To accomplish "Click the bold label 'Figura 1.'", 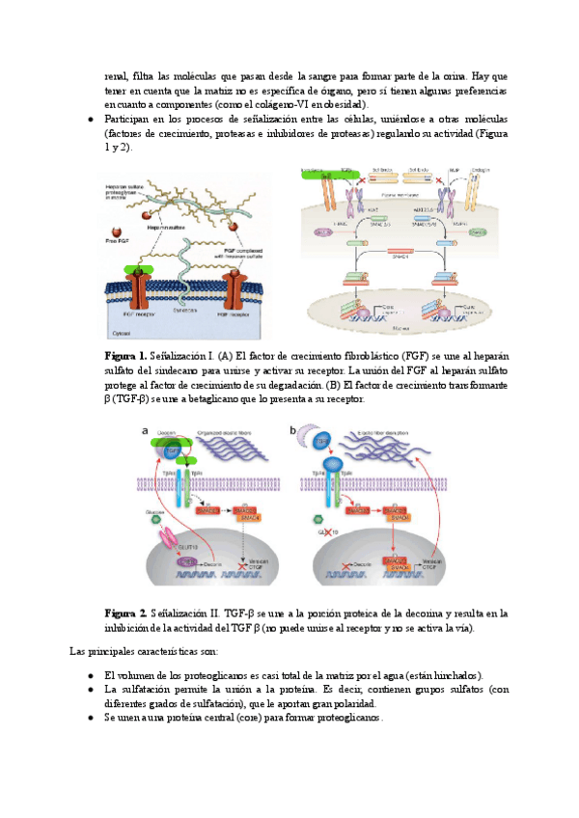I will (x=124, y=357).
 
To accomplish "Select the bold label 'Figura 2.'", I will (x=124, y=613).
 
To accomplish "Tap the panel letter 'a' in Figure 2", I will (x=145, y=430).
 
